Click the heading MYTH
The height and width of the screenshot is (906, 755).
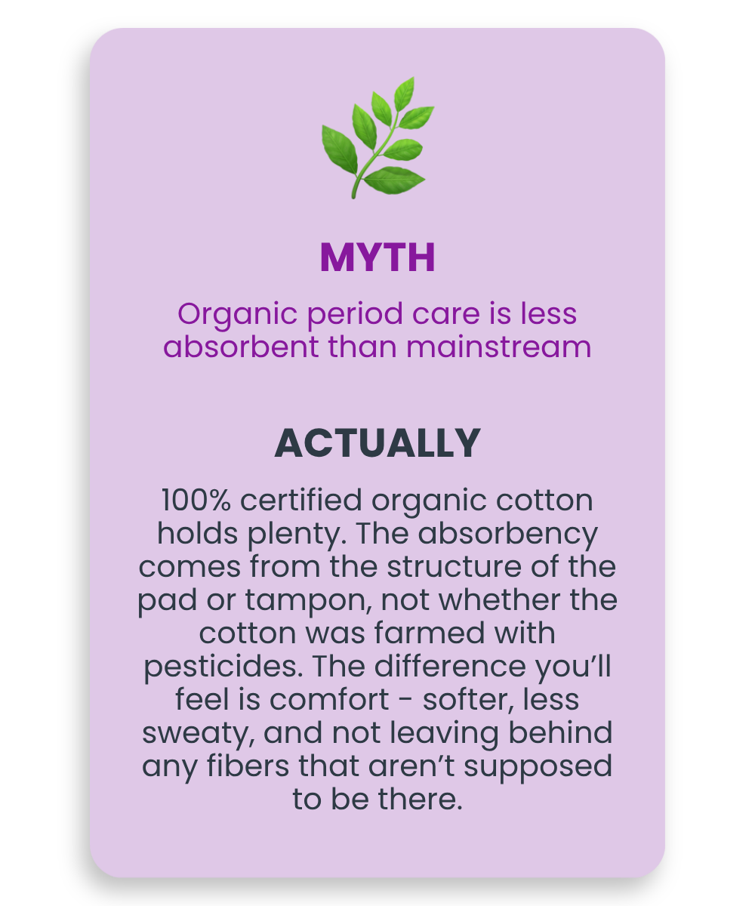pyautogui.click(x=377, y=257)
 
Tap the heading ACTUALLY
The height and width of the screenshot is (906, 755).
pyautogui.click(x=377, y=443)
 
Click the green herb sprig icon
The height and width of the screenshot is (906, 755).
pyautogui.click(x=378, y=138)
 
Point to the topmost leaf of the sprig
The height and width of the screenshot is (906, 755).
pyautogui.click(x=405, y=94)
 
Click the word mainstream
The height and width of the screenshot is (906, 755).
pyautogui.click(x=498, y=347)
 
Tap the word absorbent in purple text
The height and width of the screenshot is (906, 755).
pyautogui.click(x=242, y=347)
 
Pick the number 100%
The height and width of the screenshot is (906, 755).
pyautogui.click(x=196, y=501)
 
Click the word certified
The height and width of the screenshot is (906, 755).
pyautogui.click(x=300, y=500)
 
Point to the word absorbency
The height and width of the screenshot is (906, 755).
pyautogui.click(x=507, y=535)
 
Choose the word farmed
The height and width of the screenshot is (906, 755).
pyautogui.click(x=429, y=633)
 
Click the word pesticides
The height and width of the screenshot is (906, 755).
pyautogui.click(x=223, y=667)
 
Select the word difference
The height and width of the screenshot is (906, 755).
pyautogui.click(x=450, y=666)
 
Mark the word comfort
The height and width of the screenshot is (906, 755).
pyautogui.click(x=329, y=699)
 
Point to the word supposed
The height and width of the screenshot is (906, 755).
pyautogui.click(x=538, y=768)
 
